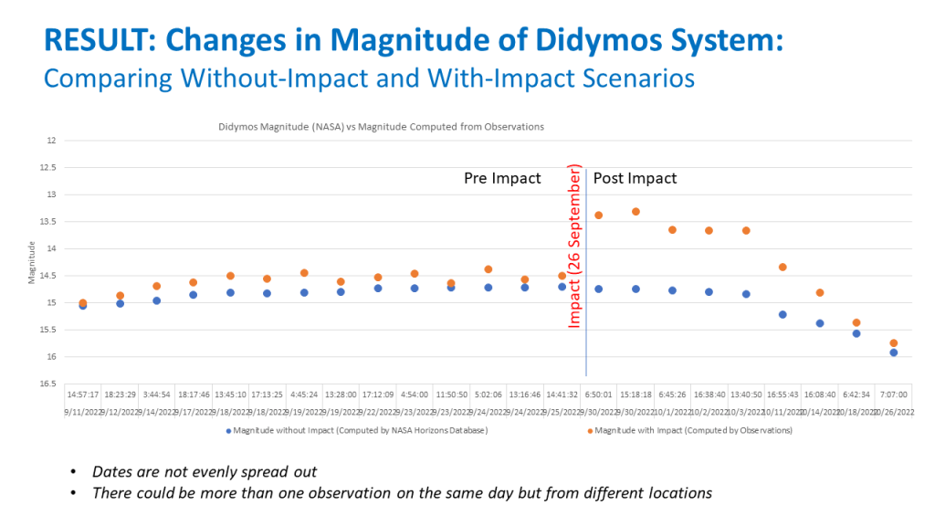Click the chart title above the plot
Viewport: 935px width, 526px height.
click(381, 127)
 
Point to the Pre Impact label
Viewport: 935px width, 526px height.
click(502, 178)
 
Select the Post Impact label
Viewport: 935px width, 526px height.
click(636, 178)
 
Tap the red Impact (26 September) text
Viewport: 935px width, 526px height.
click(575, 247)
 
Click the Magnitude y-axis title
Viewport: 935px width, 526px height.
click(31, 261)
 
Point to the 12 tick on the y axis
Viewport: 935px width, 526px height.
click(51, 141)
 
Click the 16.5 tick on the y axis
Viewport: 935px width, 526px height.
click(47, 384)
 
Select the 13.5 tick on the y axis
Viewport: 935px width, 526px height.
click(47, 222)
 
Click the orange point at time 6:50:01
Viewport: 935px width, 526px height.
click(599, 216)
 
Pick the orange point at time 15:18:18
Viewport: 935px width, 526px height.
click(636, 212)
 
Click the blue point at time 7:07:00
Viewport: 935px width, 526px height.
click(894, 352)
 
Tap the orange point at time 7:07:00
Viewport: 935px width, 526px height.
click(894, 343)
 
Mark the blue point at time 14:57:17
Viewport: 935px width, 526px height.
click(83, 306)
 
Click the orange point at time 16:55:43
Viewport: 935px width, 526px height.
click(783, 267)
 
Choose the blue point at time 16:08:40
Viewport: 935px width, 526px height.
click(820, 323)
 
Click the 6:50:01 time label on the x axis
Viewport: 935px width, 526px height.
click(599, 395)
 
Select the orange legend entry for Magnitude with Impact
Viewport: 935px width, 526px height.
click(690, 429)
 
